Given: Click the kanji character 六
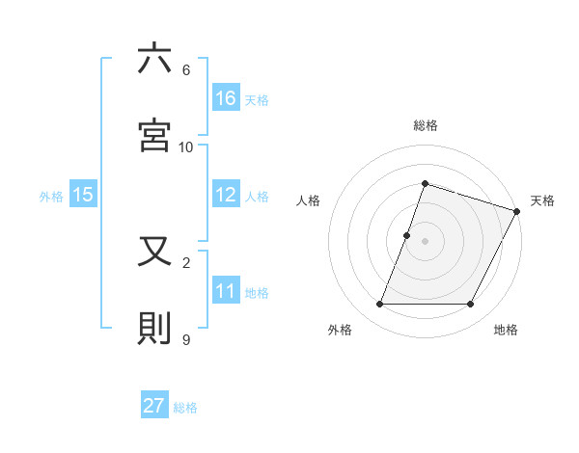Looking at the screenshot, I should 155,60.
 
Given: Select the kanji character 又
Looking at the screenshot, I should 155,253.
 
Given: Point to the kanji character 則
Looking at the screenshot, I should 155,329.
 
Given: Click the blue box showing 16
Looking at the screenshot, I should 226,97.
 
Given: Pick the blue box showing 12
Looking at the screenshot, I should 226,195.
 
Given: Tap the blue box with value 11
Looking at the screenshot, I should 226,291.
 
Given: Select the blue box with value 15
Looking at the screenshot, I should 83,195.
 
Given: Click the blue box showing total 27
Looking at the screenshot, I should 154,406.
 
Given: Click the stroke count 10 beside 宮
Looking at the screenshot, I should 186,147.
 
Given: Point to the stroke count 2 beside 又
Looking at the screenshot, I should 186,262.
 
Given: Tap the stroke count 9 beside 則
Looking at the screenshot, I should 186,339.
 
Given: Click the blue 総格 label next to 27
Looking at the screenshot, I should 185,408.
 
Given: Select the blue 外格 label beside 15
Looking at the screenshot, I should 51,197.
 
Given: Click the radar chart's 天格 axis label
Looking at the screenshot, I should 542,200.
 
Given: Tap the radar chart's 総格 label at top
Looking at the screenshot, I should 425,125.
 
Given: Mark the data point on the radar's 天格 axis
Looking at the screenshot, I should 518,211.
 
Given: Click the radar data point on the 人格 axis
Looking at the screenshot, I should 407,235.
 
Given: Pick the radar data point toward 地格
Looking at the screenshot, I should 470,305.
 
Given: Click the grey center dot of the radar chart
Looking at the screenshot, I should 425,241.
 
